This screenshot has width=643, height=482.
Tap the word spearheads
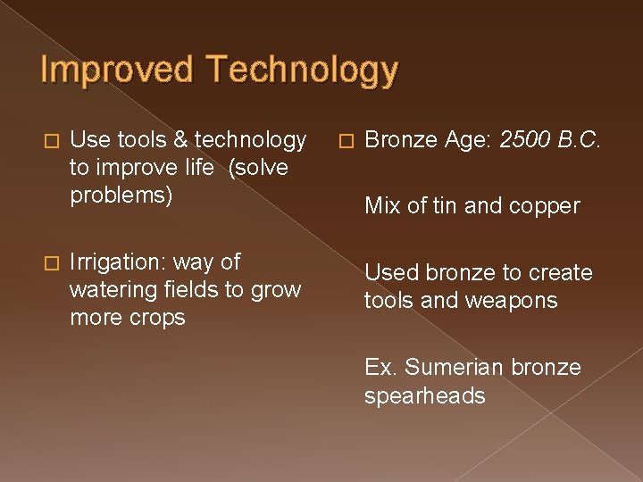(424, 395)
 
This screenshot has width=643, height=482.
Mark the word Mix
(381, 206)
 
